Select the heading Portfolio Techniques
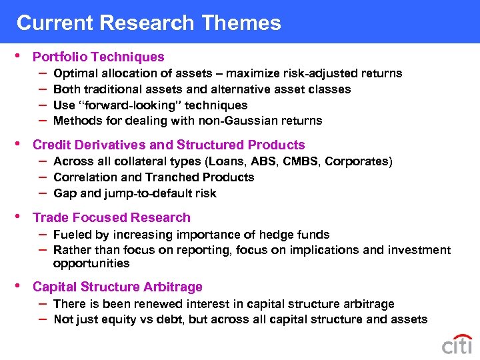pos(98,57)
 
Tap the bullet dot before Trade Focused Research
pos(20,217)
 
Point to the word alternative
pos(245,89)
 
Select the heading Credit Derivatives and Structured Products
pos(168,145)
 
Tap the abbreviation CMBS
pos(301,161)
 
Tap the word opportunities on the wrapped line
pos(91,263)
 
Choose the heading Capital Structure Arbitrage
pos(117,287)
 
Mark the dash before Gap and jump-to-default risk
pos(42,193)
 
